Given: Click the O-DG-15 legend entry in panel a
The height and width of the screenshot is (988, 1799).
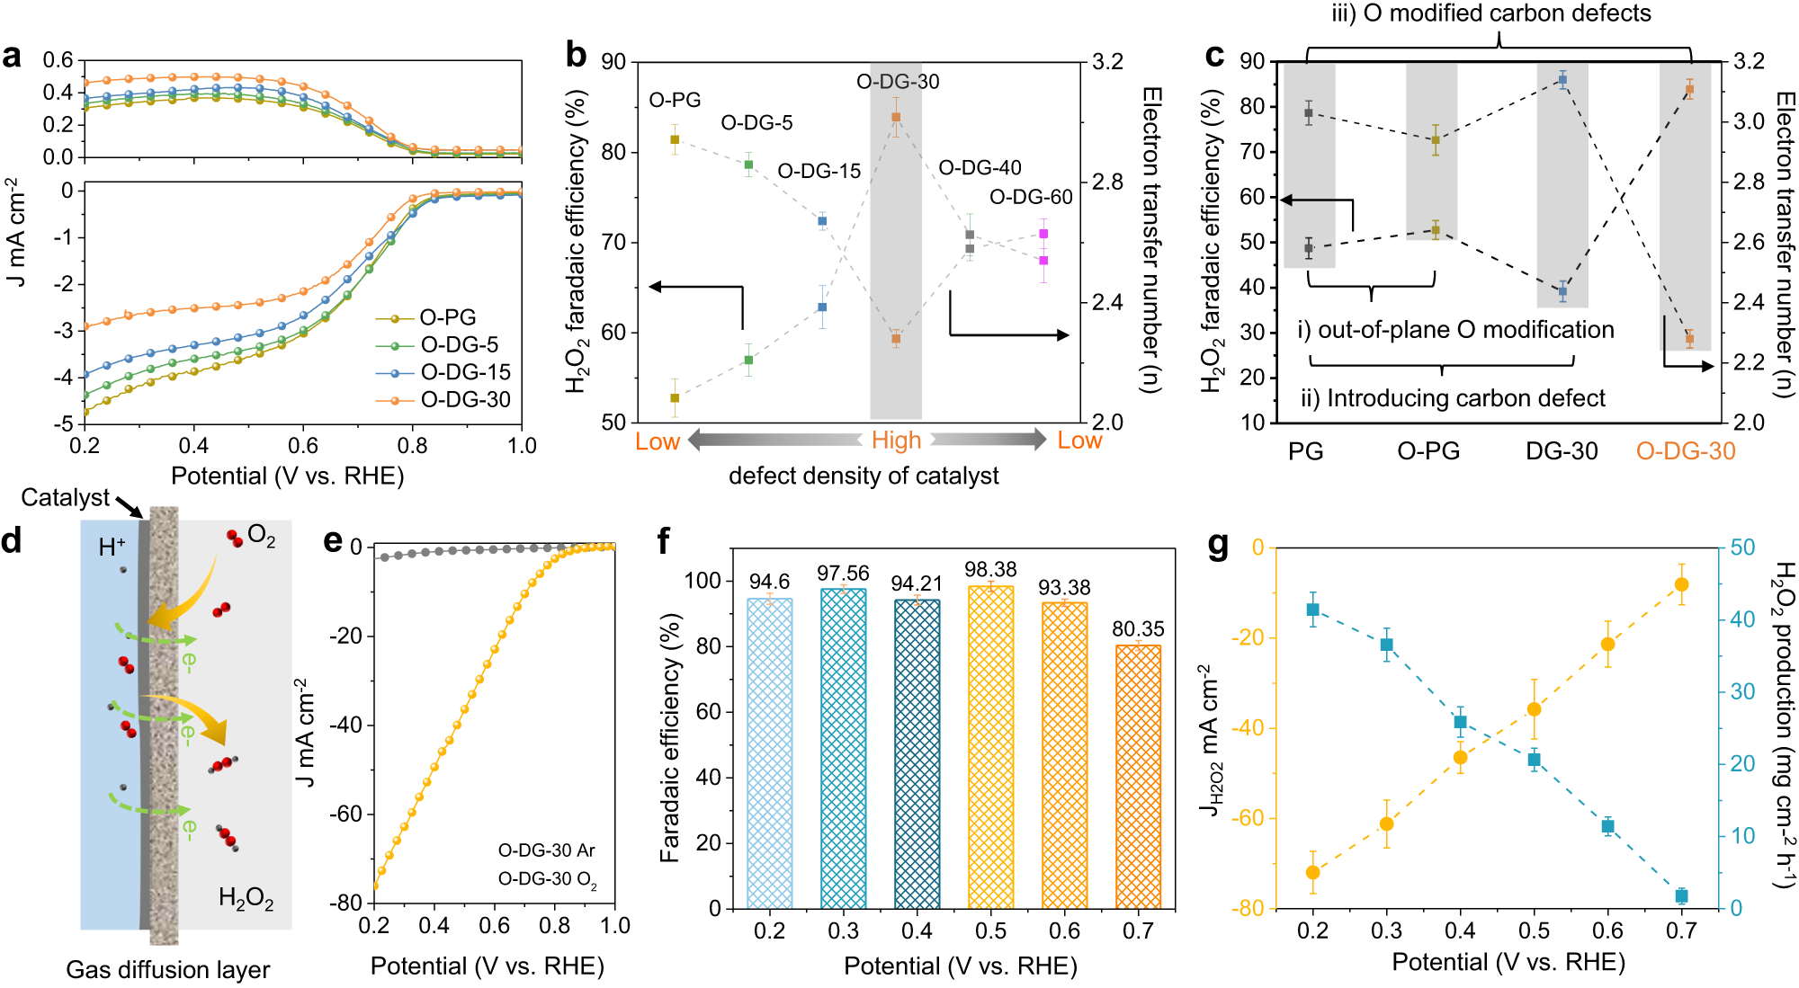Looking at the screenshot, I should tap(465, 372).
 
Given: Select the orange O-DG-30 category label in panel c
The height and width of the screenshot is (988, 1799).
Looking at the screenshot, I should tap(1685, 451).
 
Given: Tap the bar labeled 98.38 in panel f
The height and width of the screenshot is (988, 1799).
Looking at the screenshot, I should tap(990, 746).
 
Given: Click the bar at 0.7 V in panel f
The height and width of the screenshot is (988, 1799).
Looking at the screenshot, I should tap(1138, 777).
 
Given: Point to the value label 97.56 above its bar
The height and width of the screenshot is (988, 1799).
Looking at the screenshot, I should tap(843, 574).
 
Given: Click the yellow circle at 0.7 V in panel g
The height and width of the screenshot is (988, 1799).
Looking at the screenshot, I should tap(1681, 584).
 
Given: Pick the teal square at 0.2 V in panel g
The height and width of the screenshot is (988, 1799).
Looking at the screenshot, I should tap(1313, 610).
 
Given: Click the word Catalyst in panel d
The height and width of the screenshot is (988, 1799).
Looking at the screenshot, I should tap(65, 497).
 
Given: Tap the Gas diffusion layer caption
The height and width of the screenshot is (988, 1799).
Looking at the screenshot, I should tap(167, 970).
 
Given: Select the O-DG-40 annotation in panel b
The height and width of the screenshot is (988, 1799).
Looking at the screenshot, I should tap(980, 168).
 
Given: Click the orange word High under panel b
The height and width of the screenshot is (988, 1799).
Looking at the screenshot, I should tap(896, 441).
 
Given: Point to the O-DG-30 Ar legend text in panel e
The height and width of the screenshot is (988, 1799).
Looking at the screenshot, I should tap(546, 850).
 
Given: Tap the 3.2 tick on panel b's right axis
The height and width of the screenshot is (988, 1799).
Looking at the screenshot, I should tap(1107, 62).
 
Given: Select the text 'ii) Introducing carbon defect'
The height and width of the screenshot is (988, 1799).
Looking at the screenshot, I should tap(1453, 398).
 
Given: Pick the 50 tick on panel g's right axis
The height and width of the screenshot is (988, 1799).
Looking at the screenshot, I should tap(1742, 547).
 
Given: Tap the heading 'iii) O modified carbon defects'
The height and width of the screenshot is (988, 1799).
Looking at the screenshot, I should tap(1490, 13).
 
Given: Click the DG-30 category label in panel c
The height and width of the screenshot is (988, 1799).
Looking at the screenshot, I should tap(1562, 451).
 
